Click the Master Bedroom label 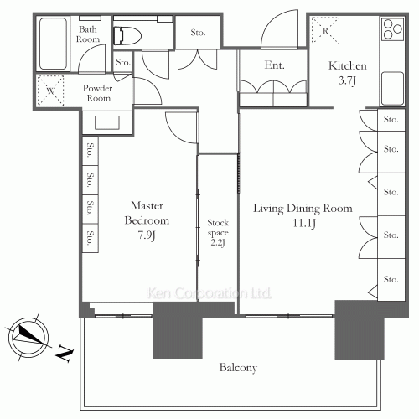(147, 213)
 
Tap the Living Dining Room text (303, 209)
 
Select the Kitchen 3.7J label (348, 73)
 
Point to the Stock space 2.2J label (218, 232)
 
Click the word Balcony (238, 368)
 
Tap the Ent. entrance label (274, 65)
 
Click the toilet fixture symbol (127, 36)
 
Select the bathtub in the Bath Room (53, 44)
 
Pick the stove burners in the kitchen (393, 29)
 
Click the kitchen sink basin (392, 88)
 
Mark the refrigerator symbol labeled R (325, 31)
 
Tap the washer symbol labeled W (50, 91)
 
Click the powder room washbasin (107, 122)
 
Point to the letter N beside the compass (65, 354)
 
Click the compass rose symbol (28, 338)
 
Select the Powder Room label (98, 93)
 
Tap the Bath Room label (88, 34)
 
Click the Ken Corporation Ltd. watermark (209, 293)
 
